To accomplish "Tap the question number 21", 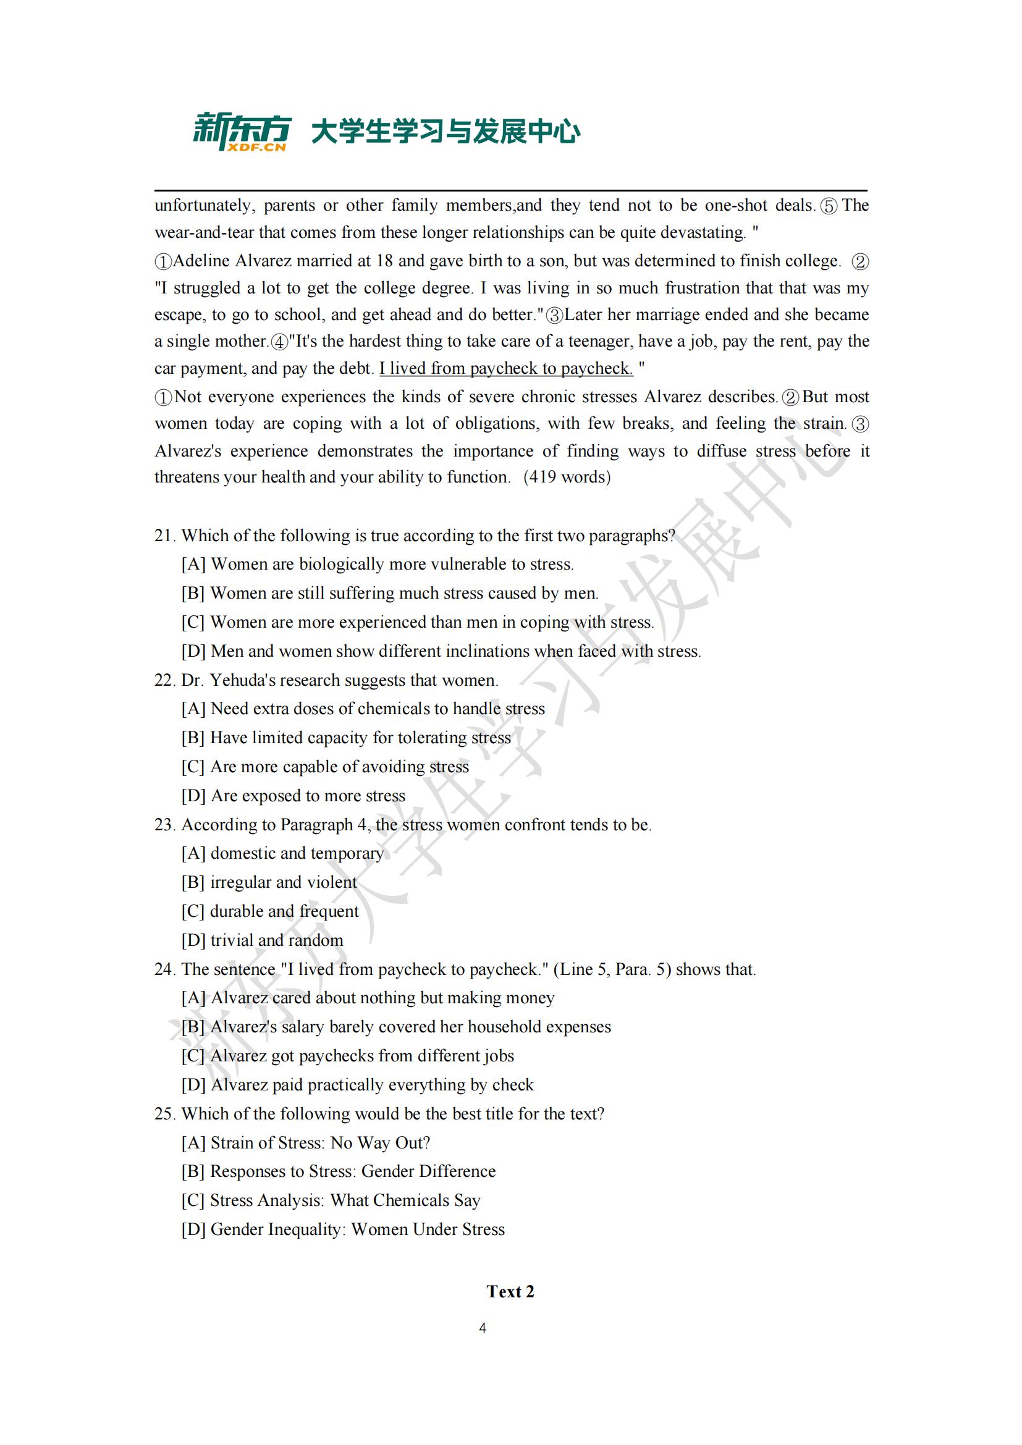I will click(x=164, y=536).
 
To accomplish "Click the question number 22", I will click(x=164, y=680).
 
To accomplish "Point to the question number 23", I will click(x=164, y=825).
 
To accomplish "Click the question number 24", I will click(x=164, y=970).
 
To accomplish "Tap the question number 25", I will click(x=164, y=1114).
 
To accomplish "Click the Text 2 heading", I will click(x=510, y=1292).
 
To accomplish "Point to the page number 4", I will click(x=483, y=1328).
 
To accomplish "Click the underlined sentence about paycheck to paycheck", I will click(x=506, y=369).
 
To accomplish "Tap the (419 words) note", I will click(x=567, y=477).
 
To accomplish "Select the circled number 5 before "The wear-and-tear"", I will click(x=829, y=206).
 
